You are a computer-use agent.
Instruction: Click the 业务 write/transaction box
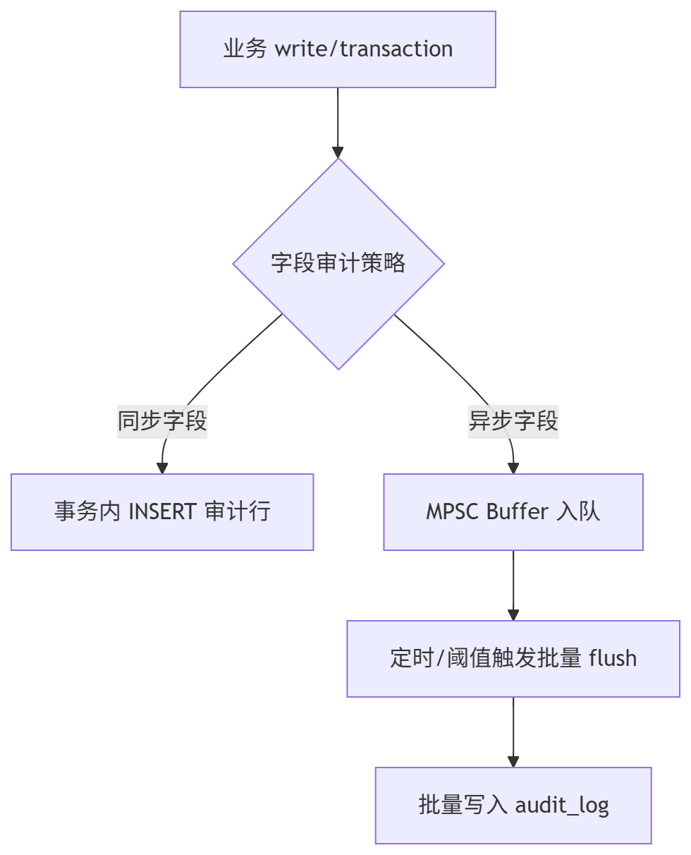point(338,49)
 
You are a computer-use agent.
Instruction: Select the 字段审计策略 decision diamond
point(338,263)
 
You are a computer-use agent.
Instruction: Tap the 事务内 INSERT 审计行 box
point(162,511)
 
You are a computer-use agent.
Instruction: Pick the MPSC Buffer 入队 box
point(513,511)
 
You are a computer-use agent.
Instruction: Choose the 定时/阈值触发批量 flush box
point(513,658)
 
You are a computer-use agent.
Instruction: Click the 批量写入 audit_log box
point(513,805)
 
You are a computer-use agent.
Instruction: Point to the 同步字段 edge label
point(162,421)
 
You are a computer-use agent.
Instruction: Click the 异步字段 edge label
point(513,421)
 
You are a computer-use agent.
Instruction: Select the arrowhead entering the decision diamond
point(338,152)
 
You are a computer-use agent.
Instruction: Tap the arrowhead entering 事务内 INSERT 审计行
point(162,468)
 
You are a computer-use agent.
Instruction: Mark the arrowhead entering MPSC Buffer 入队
point(513,468)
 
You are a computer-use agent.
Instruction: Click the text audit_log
point(562,805)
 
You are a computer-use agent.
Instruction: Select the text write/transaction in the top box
point(364,49)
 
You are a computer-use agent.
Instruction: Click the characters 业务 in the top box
point(245,49)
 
